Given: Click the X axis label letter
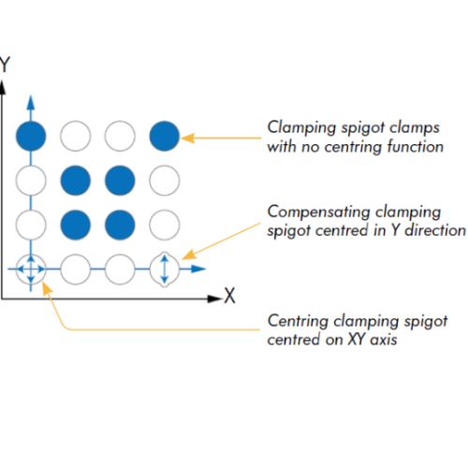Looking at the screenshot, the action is [229, 295].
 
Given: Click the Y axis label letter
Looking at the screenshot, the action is [5, 65].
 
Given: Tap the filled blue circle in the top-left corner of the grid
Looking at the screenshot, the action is [31, 136].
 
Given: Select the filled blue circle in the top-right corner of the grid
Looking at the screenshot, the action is [165, 136].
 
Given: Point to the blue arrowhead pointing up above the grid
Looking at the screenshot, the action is [31, 103].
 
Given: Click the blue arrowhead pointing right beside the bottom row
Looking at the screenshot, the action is [198, 269].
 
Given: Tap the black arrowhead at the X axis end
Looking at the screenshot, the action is [214, 299].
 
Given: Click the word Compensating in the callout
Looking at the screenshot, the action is [318, 212].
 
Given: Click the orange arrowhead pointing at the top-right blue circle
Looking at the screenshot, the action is [188, 138].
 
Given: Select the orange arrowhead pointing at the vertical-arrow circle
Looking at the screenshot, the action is [189, 254].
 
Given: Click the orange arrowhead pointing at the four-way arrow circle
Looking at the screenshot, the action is [47, 288].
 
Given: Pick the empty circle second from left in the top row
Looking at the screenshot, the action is [76, 136].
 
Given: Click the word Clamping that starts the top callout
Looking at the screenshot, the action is [300, 128].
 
